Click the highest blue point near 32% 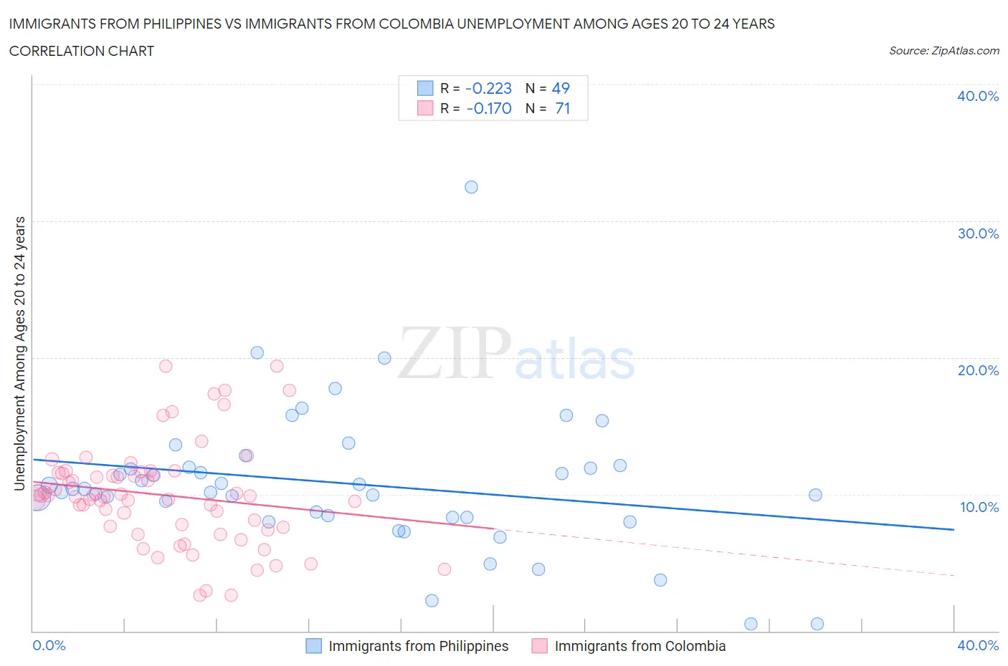click(x=471, y=187)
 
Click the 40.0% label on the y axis click(x=977, y=96)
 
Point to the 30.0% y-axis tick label click(x=977, y=233)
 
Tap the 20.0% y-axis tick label click(x=977, y=370)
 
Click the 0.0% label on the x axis click(x=49, y=645)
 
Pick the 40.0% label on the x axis click(x=978, y=645)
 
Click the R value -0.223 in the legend click(x=488, y=88)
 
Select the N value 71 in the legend click(x=563, y=108)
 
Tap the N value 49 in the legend click(x=561, y=88)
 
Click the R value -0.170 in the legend click(x=488, y=108)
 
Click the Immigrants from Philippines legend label click(x=418, y=646)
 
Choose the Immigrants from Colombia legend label click(x=639, y=646)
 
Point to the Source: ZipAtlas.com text click(x=943, y=50)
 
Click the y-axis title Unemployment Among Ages click(x=19, y=354)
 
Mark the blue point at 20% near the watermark click(x=384, y=358)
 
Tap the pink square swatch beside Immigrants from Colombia click(x=539, y=646)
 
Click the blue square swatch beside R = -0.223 click(x=425, y=88)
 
